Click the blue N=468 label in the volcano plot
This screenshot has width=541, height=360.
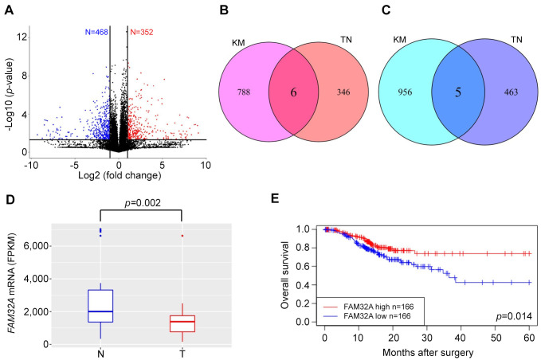[101, 33]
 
